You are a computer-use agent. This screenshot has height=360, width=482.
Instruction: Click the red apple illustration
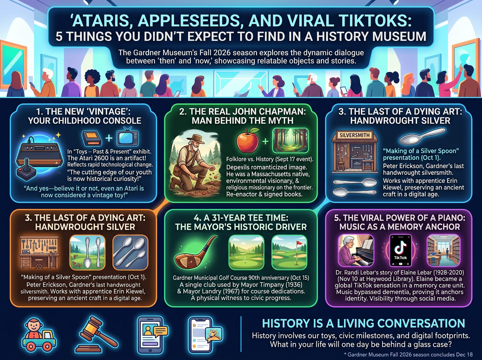coord(248,141)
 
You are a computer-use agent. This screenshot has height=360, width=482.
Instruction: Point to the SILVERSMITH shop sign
coord(355,135)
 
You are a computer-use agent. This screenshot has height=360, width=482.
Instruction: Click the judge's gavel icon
coord(97,334)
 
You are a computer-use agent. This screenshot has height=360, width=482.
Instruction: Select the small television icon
coord(127,137)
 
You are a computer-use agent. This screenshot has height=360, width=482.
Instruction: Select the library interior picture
coord(443,250)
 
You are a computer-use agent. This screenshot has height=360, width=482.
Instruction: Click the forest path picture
coord(290,141)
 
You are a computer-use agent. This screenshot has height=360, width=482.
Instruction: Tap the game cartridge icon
coord(92,139)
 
